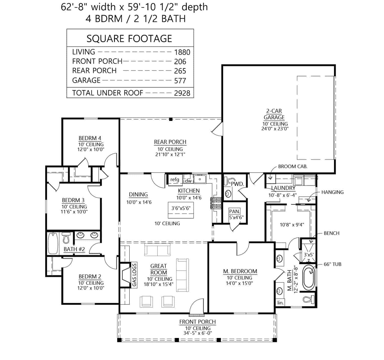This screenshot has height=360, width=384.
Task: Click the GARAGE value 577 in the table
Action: (x=180, y=81)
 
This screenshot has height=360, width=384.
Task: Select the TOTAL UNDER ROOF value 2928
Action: (x=182, y=93)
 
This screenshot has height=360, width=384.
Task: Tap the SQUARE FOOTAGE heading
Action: (x=129, y=39)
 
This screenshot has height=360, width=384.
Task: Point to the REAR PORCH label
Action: (x=170, y=142)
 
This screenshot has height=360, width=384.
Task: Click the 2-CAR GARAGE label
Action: (x=274, y=114)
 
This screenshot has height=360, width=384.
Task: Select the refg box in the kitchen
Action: (x=175, y=179)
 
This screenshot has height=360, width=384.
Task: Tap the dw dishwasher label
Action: (x=188, y=181)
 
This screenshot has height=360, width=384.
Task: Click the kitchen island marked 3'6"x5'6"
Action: (x=181, y=208)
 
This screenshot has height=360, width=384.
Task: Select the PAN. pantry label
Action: (x=234, y=211)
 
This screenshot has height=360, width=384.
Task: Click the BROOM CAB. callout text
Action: (x=293, y=166)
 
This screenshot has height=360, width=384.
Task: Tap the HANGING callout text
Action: (x=332, y=192)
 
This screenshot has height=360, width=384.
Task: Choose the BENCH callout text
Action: (x=331, y=233)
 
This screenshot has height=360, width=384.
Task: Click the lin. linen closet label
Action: (x=280, y=303)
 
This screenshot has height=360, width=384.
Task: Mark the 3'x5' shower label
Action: (x=309, y=255)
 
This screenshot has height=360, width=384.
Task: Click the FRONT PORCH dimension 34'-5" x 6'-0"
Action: (x=197, y=333)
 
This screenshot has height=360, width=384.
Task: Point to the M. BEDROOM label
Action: (x=240, y=271)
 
